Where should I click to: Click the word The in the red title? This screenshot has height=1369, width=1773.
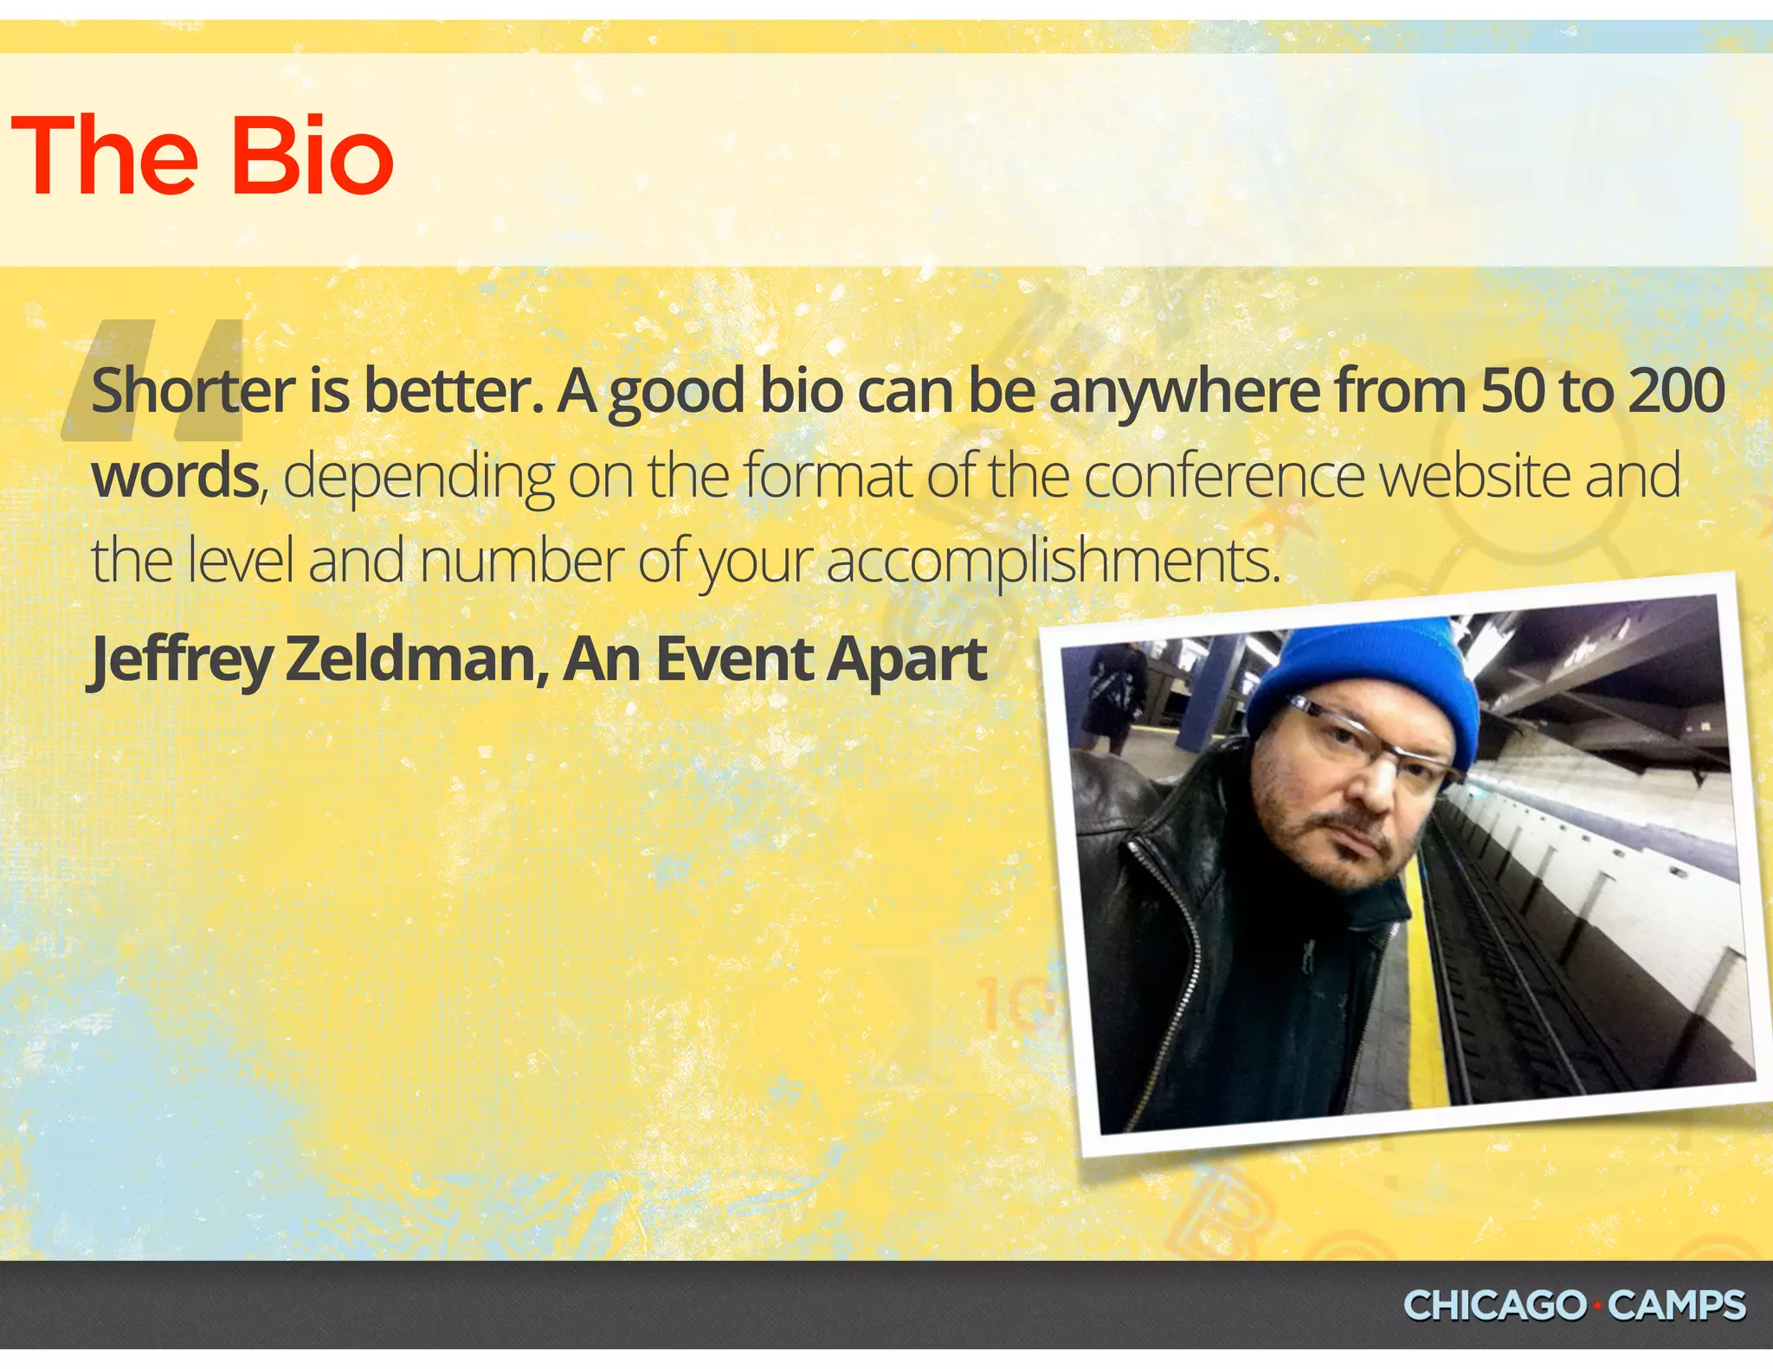(x=104, y=157)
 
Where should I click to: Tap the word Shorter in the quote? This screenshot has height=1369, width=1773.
(x=193, y=391)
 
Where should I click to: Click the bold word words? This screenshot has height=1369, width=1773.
(x=176, y=477)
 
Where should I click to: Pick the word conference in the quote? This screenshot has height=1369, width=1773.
(x=1223, y=476)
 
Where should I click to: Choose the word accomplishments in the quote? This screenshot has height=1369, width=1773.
(x=1052, y=561)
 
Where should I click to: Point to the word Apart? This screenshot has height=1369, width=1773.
(x=906, y=660)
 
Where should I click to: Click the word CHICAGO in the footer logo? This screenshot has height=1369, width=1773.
(x=1494, y=1305)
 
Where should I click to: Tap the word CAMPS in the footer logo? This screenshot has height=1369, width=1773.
(x=1677, y=1305)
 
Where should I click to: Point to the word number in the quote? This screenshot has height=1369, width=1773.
(x=521, y=561)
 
